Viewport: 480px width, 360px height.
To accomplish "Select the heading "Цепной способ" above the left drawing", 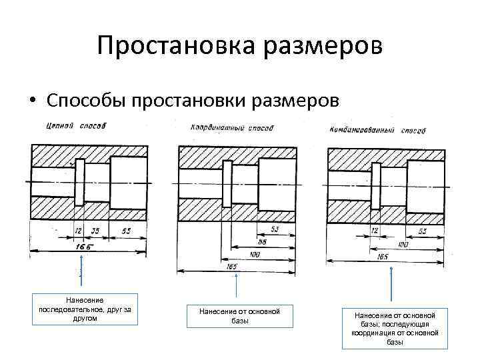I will [x=76, y=125].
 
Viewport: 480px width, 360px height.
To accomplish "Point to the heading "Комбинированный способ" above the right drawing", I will [x=377, y=128].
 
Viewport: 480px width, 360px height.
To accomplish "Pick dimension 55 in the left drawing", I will [x=126, y=231].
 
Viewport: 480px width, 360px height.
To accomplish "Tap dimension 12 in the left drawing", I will [x=78, y=231].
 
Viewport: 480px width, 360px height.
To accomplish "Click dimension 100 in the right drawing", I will [x=403, y=245].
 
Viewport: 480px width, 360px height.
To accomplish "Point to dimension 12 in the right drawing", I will [x=374, y=231].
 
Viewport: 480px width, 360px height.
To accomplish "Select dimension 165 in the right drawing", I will [x=383, y=255].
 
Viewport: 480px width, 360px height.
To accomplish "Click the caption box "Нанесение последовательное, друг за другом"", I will [x=85, y=309].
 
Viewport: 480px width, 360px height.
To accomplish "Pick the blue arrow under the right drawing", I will [x=391, y=287].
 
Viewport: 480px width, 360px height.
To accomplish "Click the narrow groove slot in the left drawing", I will [x=79, y=181].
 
